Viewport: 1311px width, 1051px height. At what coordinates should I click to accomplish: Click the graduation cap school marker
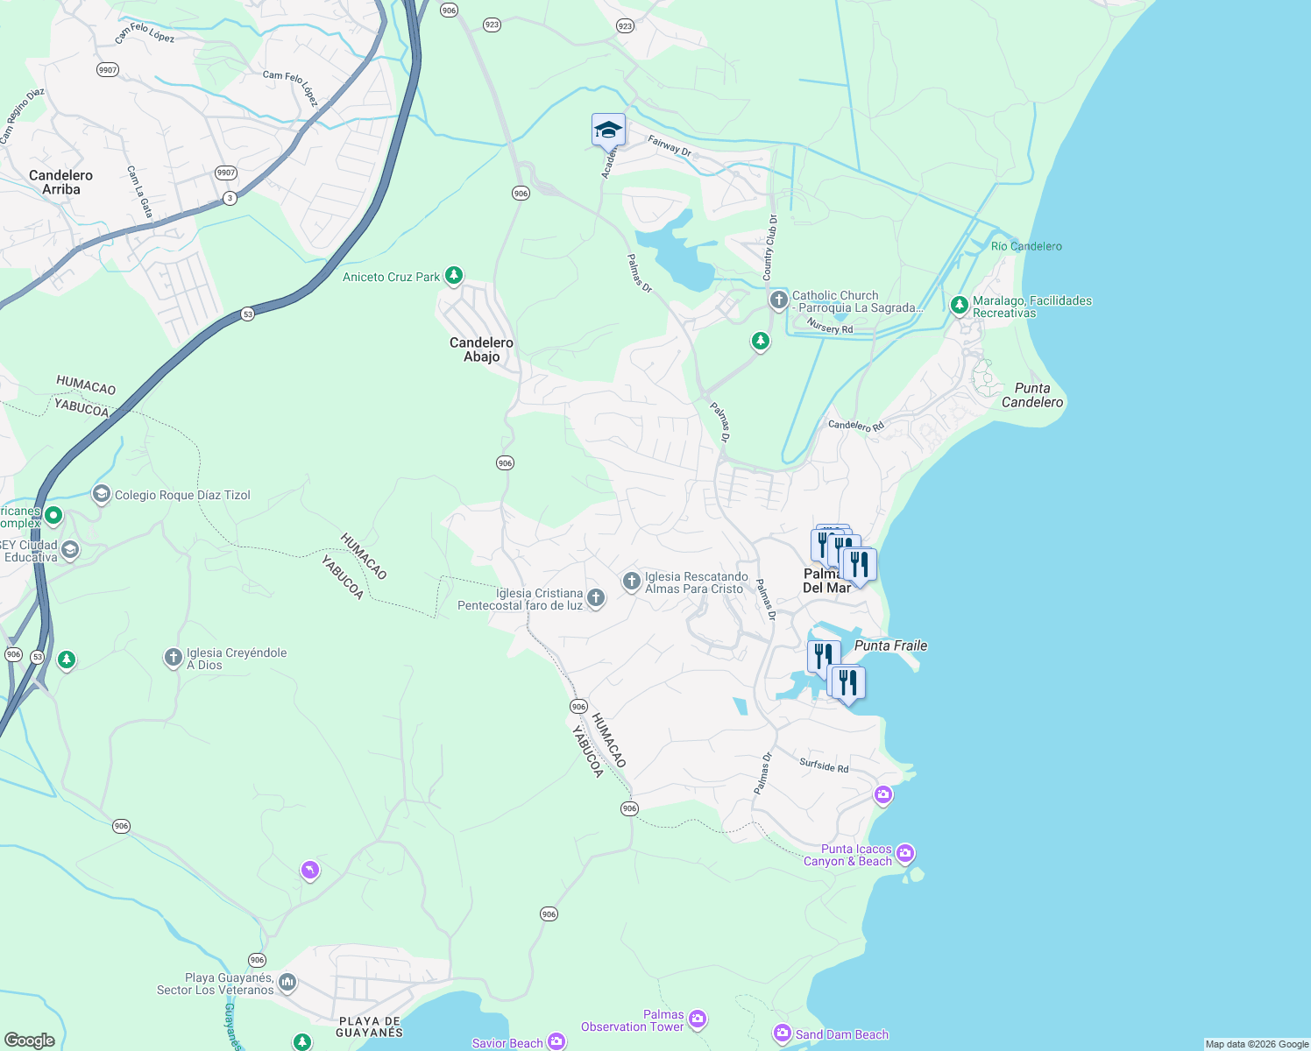[608, 130]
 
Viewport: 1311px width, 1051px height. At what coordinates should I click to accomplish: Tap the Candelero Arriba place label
[60, 182]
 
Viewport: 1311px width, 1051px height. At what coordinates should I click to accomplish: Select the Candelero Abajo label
[481, 349]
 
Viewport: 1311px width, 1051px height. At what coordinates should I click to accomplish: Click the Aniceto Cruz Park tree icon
[453, 276]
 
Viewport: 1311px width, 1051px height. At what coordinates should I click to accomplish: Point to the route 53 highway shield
[248, 314]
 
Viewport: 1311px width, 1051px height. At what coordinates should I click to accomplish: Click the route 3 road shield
[230, 198]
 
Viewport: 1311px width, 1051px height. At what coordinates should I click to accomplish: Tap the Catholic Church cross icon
[778, 300]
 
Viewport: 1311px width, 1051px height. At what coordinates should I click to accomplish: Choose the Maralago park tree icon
[960, 305]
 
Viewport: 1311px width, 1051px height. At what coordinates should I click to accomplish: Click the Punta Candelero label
[1032, 395]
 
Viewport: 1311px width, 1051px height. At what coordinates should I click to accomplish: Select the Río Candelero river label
[1026, 246]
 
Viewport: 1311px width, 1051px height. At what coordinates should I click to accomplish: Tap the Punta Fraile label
[890, 645]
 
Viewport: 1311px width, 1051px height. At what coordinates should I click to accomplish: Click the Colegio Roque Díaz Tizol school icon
[102, 495]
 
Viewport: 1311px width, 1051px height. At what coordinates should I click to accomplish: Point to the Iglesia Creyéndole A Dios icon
[174, 658]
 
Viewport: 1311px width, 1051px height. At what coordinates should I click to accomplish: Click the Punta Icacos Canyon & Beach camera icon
[905, 853]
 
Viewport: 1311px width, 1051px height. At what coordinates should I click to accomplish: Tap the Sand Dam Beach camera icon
[782, 1034]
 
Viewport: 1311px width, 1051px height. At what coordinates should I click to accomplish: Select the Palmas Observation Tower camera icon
[698, 1018]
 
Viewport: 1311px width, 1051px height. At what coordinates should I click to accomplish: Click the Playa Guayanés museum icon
[287, 984]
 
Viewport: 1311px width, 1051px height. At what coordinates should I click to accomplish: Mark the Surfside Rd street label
[824, 765]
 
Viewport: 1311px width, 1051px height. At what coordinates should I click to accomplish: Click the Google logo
[29, 1040]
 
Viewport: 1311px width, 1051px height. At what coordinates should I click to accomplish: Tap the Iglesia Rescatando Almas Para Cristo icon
[631, 582]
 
